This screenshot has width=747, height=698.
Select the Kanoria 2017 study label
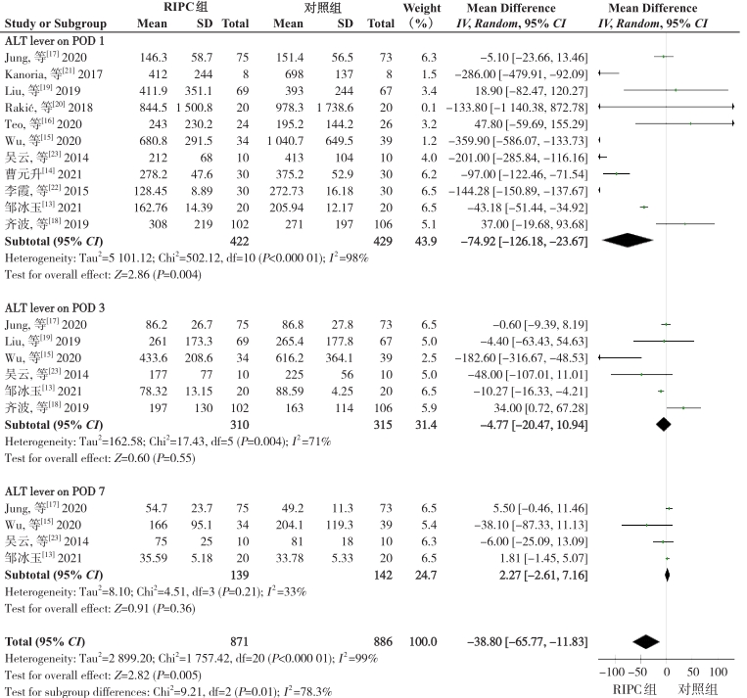pos(53,73)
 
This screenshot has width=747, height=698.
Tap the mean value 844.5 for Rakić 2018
pos(153,108)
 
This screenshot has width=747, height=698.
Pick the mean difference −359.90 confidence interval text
pos(518,141)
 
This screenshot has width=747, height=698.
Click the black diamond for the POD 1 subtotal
pos(627,240)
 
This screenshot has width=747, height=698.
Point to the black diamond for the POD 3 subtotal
pos(663,424)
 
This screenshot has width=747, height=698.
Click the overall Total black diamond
pos(646,642)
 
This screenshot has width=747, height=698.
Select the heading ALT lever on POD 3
pos(54,307)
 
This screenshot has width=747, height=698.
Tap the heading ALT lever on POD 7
pos(54,491)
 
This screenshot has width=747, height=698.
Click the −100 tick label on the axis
pos(611,673)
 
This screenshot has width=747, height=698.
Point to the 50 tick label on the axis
pos(693,673)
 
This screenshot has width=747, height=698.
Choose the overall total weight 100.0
pos(423,642)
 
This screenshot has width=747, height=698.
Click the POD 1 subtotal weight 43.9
pos(426,241)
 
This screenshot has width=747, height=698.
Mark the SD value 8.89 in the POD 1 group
pos(202,191)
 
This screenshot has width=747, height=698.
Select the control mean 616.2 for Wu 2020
pos(289,358)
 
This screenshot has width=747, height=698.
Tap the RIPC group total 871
pos(239,642)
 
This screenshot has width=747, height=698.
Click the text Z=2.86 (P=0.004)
pos(158,275)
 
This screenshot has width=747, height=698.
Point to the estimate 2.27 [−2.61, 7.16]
pos(543,575)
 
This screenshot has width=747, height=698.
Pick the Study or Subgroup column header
pos(55,23)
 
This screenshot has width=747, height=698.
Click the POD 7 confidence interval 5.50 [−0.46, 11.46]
pos(540,508)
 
